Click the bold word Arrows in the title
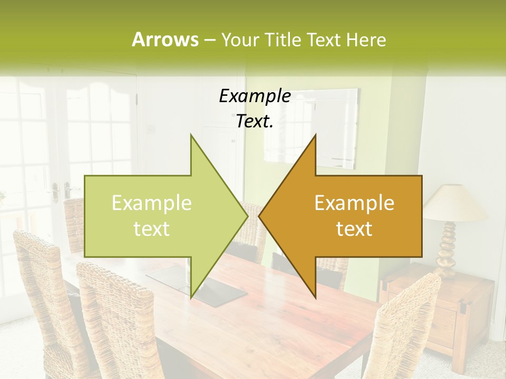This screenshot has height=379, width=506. point(165,39)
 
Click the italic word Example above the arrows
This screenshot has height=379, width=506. point(255,96)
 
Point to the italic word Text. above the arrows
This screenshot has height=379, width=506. point(255,121)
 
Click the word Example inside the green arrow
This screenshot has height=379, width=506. point(152,203)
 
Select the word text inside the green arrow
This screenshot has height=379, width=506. point(152,228)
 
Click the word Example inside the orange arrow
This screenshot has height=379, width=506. point(354,203)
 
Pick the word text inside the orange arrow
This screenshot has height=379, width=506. point(354,228)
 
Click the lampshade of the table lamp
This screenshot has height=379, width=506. point(455,203)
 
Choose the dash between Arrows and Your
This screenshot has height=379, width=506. point(209,41)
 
